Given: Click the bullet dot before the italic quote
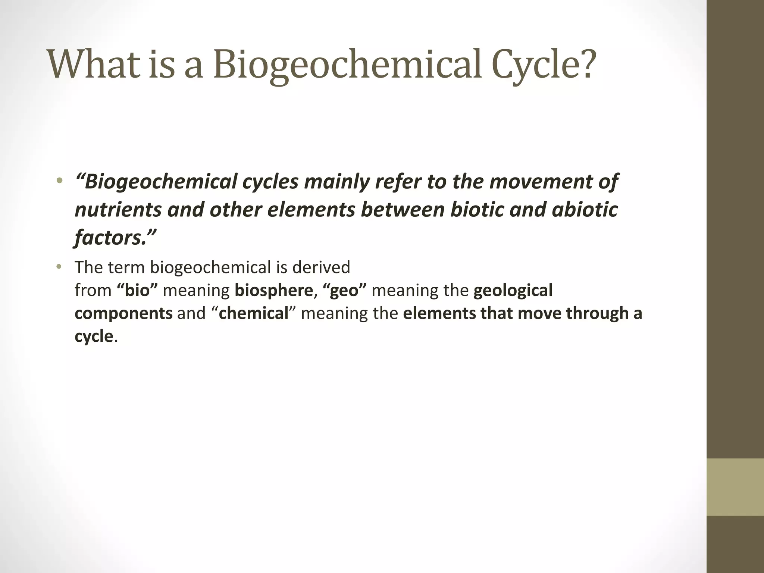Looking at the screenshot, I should click(x=59, y=182).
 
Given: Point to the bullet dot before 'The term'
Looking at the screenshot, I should click(x=59, y=267).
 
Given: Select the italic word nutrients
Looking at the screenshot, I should click(x=118, y=210).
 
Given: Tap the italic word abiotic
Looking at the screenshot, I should click(x=585, y=210).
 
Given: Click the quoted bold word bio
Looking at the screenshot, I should click(x=138, y=291).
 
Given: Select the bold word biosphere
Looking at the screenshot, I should click(x=273, y=291).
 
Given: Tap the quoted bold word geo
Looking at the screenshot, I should click(x=344, y=291).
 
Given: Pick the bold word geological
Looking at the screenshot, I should click(x=513, y=291).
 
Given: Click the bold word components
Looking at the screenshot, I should click(x=123, y=313).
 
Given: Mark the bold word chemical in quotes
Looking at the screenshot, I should click(x=254, y=313).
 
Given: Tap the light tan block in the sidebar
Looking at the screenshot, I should click(x=735, y=487).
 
